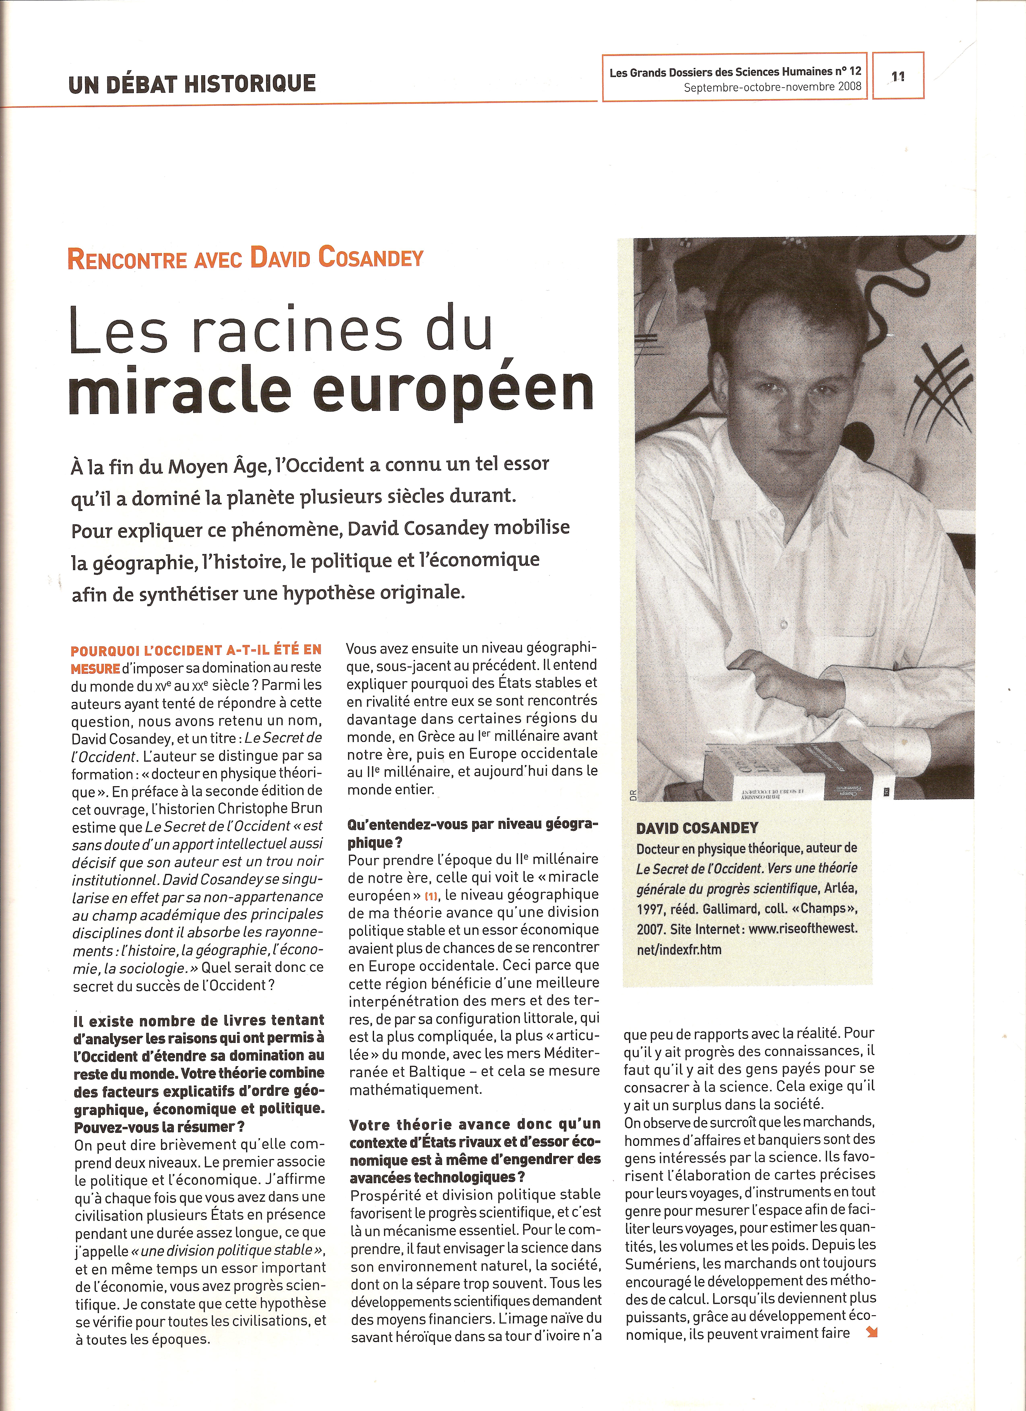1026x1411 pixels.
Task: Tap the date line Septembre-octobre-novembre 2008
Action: [772, 87]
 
